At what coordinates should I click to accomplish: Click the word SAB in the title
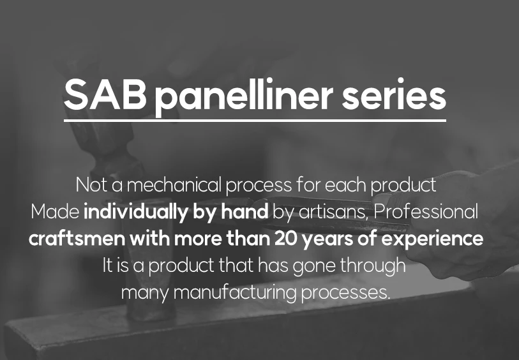coord(105,94)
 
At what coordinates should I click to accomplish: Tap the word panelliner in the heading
coord(244,97)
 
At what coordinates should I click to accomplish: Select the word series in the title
coord(394,94)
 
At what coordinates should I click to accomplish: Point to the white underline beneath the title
coord(255,121)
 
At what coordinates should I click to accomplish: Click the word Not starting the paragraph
coord(92,185)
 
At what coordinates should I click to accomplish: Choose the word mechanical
coord(174,184)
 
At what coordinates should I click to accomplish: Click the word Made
coord(55,212)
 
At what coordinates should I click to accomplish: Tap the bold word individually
coord(136,212)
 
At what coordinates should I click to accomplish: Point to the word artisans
coord(334,212)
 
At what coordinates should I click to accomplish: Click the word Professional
coord(426,212)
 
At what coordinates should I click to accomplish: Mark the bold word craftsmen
coord(77,239)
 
